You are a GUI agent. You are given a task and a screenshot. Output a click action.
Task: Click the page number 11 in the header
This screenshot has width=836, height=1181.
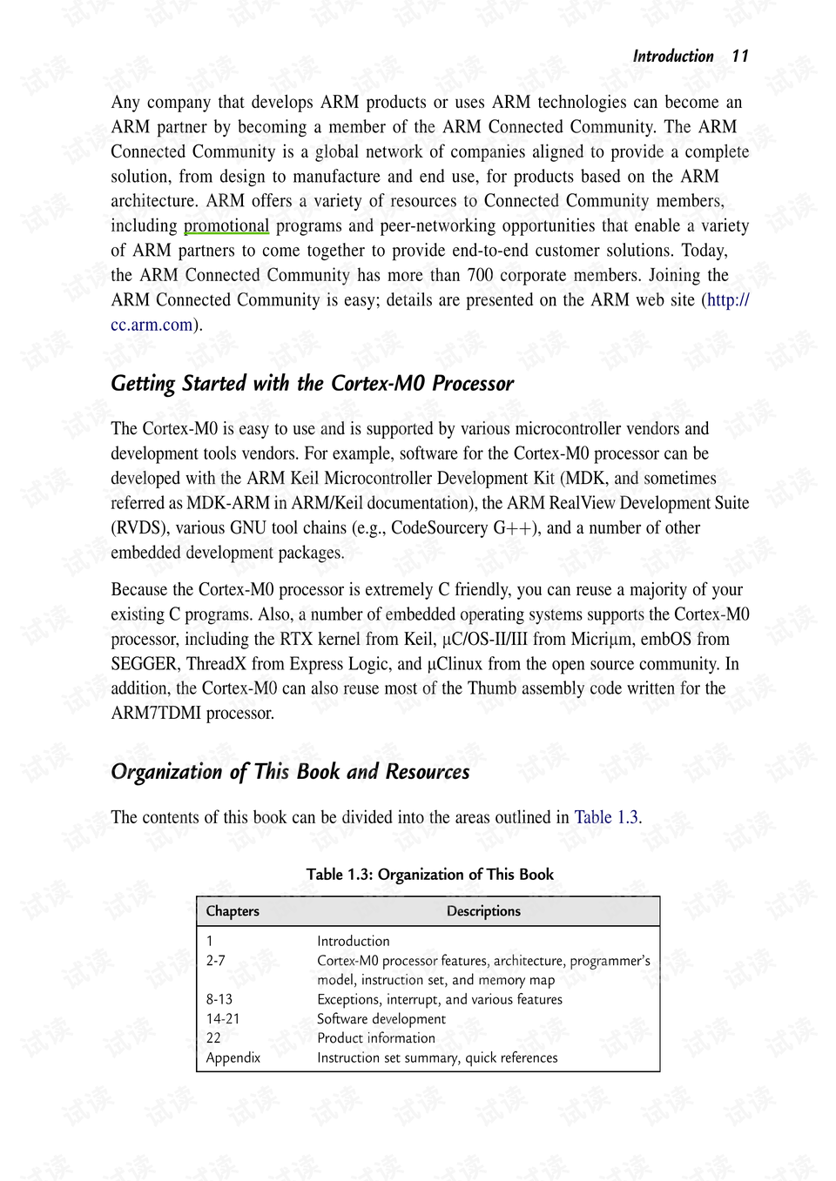[739, 57]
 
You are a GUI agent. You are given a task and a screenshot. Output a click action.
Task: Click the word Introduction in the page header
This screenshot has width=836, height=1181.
[672, 57]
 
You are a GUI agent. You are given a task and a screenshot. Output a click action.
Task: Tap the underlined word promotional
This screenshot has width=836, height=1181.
[226, 226]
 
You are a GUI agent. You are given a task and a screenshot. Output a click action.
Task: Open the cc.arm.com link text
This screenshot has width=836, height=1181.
[152, 325]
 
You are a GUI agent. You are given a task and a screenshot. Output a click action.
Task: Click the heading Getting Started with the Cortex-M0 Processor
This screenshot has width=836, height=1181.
[312, 384]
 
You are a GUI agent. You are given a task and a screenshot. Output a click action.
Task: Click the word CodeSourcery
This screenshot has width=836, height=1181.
[439, 528]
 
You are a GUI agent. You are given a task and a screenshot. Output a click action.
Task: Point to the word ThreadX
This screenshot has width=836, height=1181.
[216, 664]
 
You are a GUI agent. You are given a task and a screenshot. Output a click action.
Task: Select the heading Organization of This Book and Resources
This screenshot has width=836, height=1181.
[290, 772]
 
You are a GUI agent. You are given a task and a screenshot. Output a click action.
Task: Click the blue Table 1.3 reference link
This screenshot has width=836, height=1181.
[606, 818]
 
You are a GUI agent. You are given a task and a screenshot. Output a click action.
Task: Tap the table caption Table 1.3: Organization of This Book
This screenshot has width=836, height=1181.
[429, 875]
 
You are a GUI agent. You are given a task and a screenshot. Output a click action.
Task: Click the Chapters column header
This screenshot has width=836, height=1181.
[233, 911]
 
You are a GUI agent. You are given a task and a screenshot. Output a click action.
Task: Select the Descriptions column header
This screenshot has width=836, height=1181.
[483, 911]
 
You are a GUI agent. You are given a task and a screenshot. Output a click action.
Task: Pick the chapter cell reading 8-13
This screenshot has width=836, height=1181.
[219, 1000]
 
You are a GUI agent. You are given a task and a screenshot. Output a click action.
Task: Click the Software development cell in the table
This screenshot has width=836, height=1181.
[381, 1019]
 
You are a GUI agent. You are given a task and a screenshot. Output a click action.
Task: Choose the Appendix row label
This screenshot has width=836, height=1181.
[233, 1058]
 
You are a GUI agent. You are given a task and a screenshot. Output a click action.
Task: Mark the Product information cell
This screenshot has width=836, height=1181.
[375, 1038]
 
